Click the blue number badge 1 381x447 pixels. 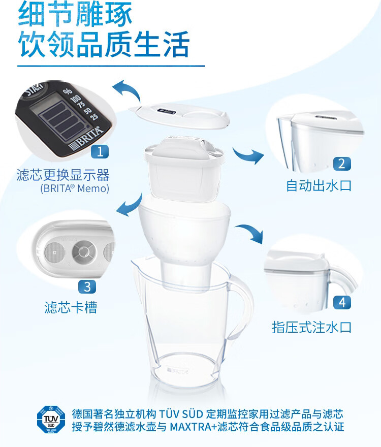[x=100, y=151]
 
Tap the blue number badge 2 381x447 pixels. [x=342, y=164]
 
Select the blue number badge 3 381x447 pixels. [x=87, y=286]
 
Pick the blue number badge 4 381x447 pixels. [x=342, y=302]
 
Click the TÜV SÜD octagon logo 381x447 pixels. [x=51, y=420]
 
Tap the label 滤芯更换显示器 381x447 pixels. [x=63, y=175]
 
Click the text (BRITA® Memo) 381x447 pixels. [x=75, y=188]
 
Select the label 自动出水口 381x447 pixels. [x=319, y=185]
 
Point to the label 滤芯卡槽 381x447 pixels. [x=71, y=307]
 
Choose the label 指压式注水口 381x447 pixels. [x=312, y=327]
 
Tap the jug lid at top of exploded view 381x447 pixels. [x=179, y=115]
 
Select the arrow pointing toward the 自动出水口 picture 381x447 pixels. [x=247, y=155]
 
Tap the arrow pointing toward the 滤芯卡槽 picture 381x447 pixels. [x=130, y=205]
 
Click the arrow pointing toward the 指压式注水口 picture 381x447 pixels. [x=250, y=232]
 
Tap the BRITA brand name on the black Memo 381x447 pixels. [x=85, y=139]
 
